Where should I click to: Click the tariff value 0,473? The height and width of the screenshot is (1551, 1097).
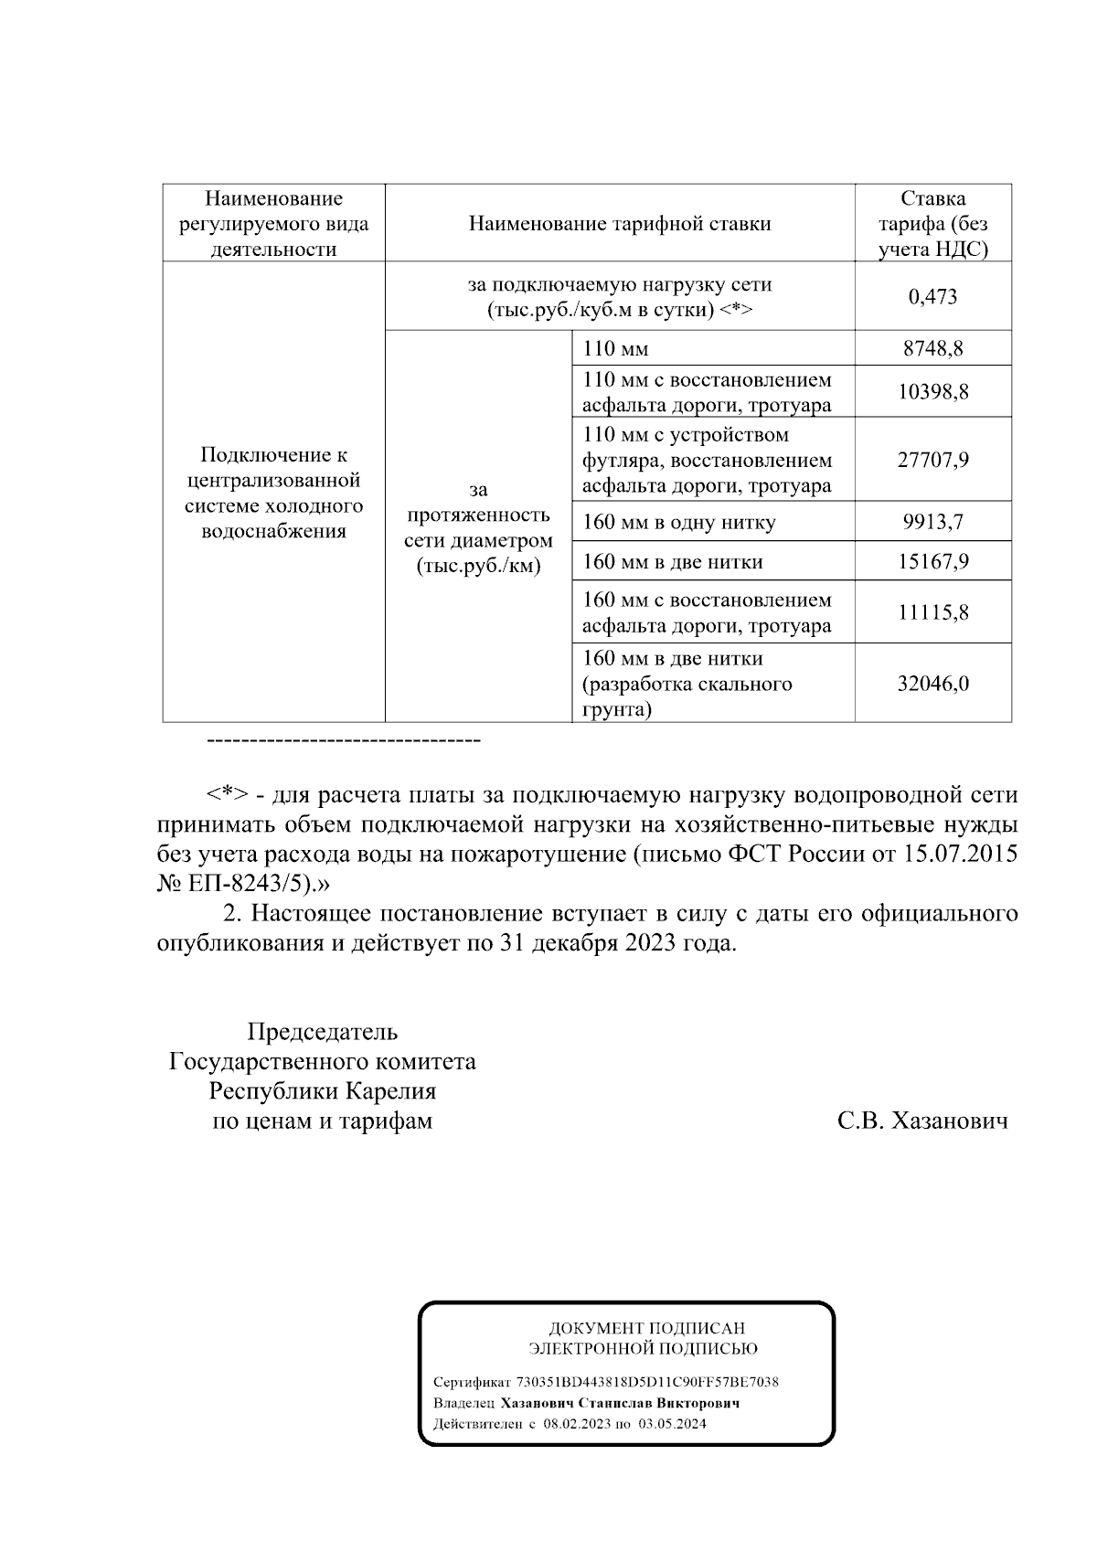pos(932,296)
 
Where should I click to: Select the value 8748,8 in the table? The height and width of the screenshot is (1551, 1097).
pos(932,348)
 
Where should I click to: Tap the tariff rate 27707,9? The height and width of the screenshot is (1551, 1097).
pos(932,459)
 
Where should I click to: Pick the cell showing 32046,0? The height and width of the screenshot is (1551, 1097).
pos(932,684)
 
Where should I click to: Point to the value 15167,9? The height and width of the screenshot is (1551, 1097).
pos(932,561)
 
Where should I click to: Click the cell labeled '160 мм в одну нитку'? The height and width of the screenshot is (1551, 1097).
pos(678,522)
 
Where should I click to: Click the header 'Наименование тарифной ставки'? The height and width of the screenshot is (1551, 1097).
pos(619,224)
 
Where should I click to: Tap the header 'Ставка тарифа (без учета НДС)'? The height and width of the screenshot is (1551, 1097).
pos(932,224)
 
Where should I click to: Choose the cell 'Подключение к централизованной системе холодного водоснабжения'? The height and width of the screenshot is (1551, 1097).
pos(273,493)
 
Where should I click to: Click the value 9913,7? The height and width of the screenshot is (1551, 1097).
pos(932,522)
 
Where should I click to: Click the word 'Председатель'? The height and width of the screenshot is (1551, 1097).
pos(322,1032)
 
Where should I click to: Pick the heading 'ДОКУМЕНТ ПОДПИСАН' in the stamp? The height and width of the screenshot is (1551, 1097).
pos(646,1329)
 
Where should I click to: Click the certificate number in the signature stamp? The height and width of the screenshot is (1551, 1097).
pos(647,1383)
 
